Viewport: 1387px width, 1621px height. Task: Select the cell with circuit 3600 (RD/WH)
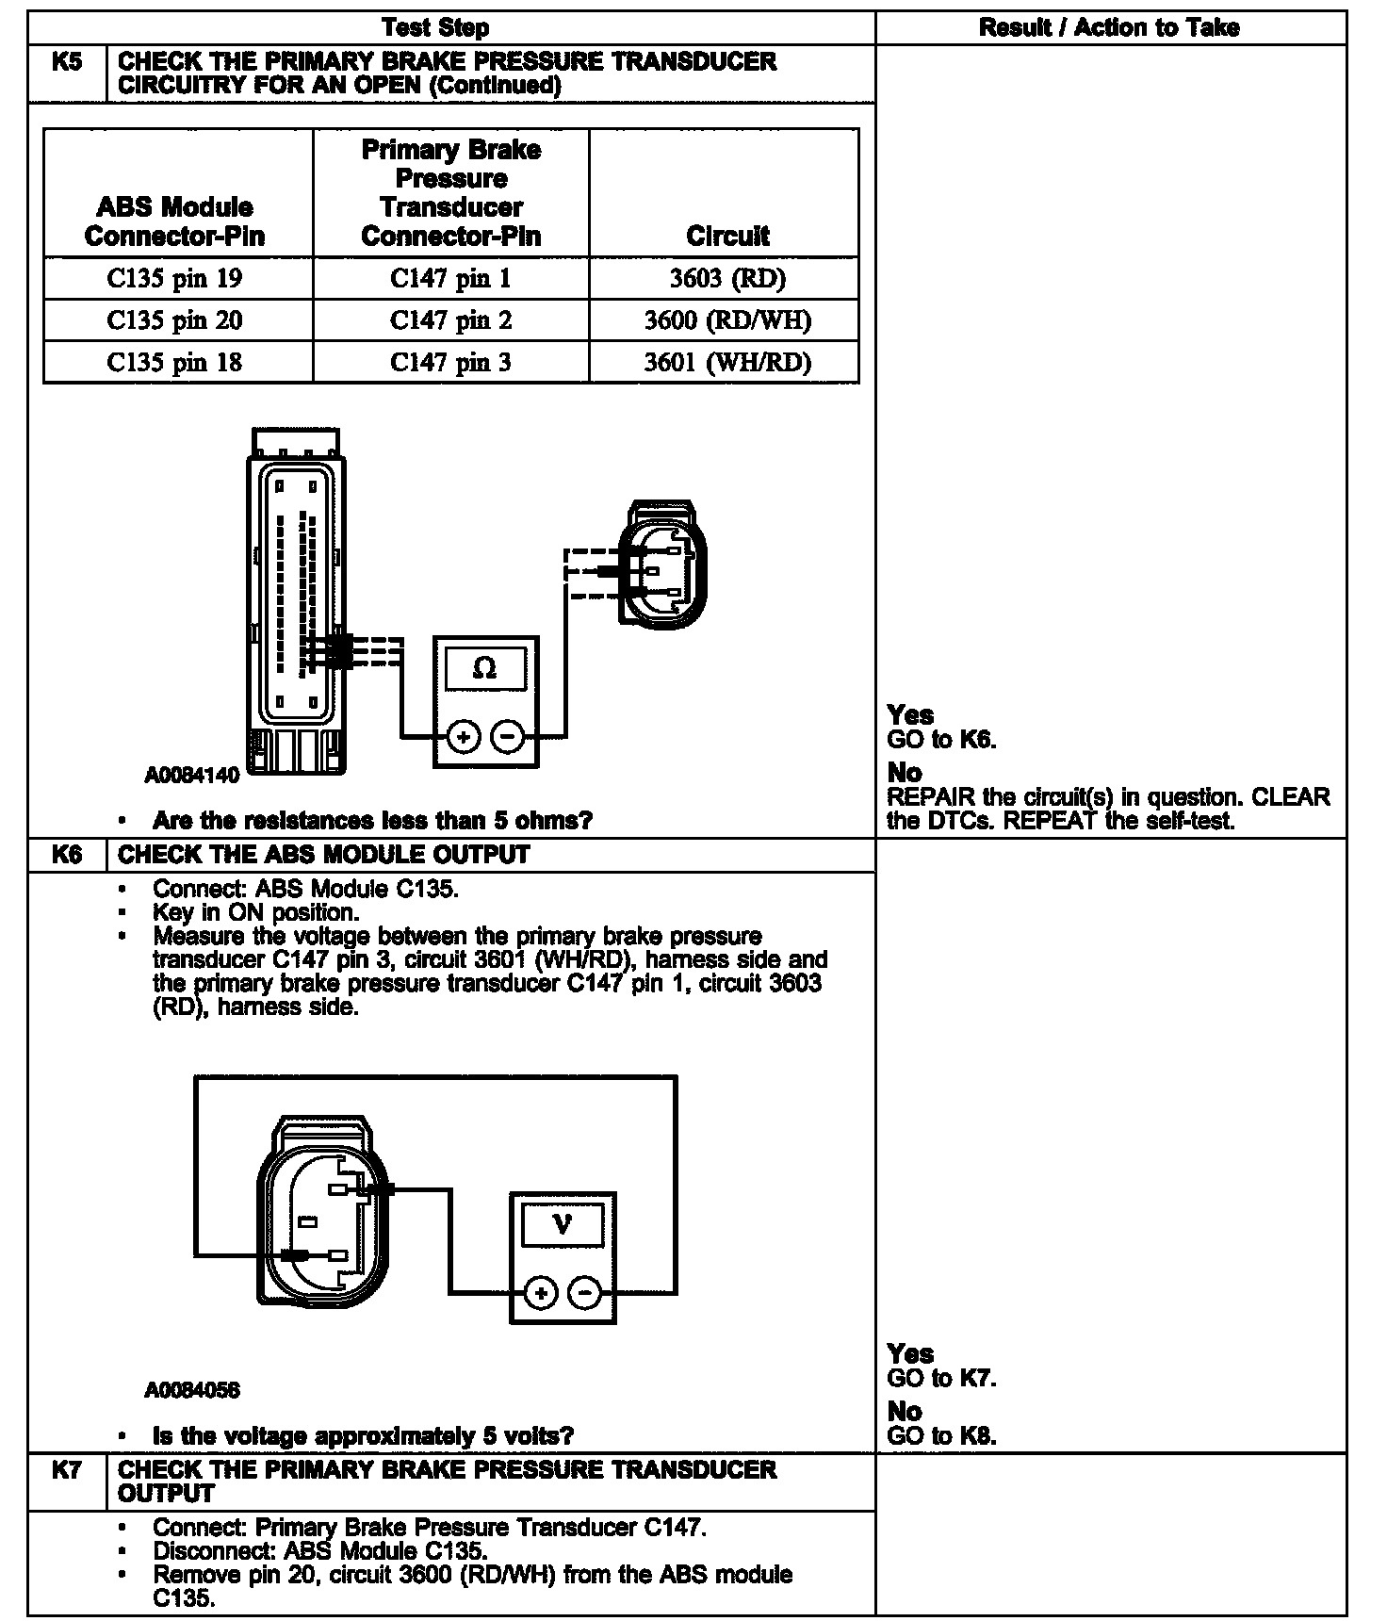[x=726, y=321]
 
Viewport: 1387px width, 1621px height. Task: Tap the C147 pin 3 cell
[x=450, y=363]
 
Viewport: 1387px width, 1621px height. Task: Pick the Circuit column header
[x=726, y=236]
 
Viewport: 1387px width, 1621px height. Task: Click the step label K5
[x=67, y=63]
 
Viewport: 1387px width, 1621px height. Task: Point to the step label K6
[x=67, y=855]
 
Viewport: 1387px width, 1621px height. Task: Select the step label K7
[x=67, y=1469]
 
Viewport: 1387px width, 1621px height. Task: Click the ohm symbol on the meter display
[x=484, y=668]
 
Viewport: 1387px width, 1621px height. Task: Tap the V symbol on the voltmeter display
[x=563, y=1224]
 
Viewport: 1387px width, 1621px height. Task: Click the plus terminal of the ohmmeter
[x=463, y=737]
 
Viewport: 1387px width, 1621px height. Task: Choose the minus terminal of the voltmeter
[x=585, y=1293]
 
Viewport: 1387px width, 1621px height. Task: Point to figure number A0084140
[x=192, y=776]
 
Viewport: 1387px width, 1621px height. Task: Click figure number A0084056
[x=192, y=1390]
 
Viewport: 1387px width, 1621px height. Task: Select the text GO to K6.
[x=941, y=740]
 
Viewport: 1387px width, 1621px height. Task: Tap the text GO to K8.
[x=941, y=1436]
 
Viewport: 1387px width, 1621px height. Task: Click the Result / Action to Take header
[x=1109, y=27]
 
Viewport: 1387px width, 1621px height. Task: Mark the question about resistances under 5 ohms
[x=372, y=821]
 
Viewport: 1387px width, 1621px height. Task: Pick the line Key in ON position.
[x=255, y=912]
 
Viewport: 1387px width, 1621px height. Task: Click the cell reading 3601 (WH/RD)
[x=726, y=363]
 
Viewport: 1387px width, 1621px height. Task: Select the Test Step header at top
[x=436, y=27]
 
